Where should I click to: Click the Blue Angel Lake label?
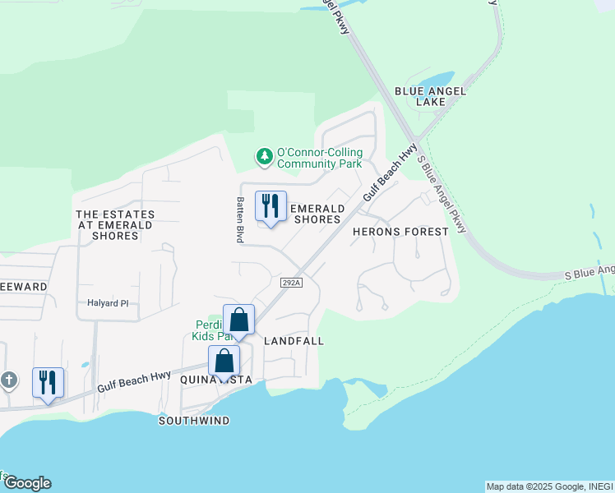click(x=431, y=96)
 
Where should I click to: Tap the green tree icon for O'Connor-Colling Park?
click(x=264, y=155)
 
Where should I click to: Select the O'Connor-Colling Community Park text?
click(x=319, y=158)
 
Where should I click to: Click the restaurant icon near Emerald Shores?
click(x=271, y=206)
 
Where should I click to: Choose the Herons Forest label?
click(x=400, y=232)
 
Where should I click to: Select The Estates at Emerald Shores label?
click(x=116, y=225)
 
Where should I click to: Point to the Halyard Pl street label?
click(x=109, y=303)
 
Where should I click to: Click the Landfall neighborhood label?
click(x=294, y=340)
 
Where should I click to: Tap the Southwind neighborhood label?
click(x=194, y=421)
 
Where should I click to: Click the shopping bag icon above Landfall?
click(x=238, y=320)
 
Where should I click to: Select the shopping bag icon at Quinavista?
click(x=224, y=361)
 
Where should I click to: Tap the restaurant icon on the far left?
click(x=48, y=382)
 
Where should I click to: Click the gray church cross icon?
click(x=8, y=380)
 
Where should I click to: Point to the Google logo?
click(x=26, y=483)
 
